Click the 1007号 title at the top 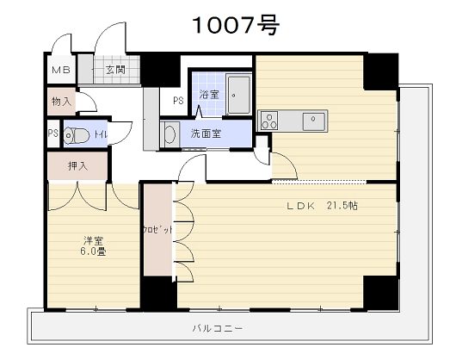pos(236,25)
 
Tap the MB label pos(61,70)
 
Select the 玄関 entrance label pos(115,70)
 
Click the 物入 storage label pos(61,102)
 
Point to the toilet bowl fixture pos(77,135)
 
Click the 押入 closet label pos(77,166)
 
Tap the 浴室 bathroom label pos(209,94)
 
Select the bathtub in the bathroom pos(238,95)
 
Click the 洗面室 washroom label pos(206,133)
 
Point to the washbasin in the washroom pos(169,134)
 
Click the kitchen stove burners pos(269,121)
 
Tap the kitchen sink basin pos(313,121)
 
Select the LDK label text pos(301,206)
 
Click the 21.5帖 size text pos(342,206)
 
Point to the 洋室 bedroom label pos(94,240)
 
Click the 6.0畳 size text pos(93,251)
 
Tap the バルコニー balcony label pos(218,329)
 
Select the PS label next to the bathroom pos(178,101)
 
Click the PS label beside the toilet pos(53,133)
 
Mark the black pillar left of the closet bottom pos(159,294)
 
